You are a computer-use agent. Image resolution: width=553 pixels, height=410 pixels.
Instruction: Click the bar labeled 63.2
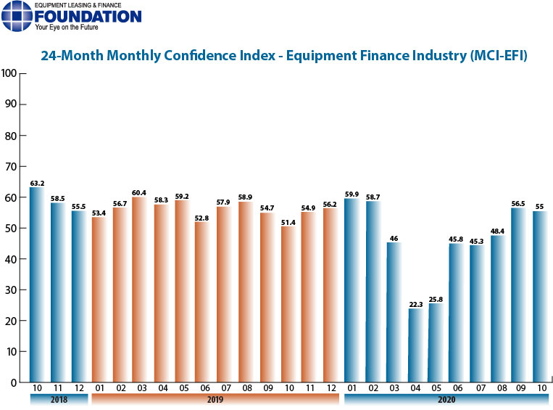(x=37, y=284)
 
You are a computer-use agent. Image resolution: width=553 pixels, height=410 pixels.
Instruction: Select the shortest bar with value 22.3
(x=415, y=345)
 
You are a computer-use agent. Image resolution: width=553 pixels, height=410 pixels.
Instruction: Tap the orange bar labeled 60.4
(x=140, y=290)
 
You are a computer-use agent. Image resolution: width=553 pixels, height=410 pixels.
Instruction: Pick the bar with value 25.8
(x=436, y=343)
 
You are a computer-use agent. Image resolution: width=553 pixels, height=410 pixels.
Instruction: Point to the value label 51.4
(x=288, y=223)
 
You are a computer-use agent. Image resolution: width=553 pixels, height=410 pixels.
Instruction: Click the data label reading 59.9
(x=352, y=194)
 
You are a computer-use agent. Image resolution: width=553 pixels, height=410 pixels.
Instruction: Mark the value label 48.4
(x=497, y=231)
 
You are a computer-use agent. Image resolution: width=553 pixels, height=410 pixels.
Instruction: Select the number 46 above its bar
(x=394, y=239)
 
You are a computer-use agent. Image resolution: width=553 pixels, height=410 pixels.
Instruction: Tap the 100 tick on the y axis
(x=9, y=73)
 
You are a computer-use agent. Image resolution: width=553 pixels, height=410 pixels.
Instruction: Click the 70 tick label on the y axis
(x=11, y=166)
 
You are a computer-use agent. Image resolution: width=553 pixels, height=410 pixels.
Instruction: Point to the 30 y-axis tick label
(x=11, y=290)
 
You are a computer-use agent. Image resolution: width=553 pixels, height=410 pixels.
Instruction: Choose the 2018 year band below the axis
(x=59, y=399)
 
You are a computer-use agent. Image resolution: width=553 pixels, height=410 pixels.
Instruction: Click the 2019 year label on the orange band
(x=215, y=399)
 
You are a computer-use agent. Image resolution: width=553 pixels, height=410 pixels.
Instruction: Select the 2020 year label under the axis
(x=446, y=399)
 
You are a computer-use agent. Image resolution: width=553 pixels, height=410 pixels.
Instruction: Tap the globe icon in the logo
(x=17, y=16)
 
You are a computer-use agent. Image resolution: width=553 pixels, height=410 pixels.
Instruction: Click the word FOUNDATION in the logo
(x=88, y=17)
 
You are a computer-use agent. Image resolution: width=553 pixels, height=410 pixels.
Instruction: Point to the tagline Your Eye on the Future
(x=67, y=27)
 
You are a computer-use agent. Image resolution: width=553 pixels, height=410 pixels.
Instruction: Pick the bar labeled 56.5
(x=518, y=295)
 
